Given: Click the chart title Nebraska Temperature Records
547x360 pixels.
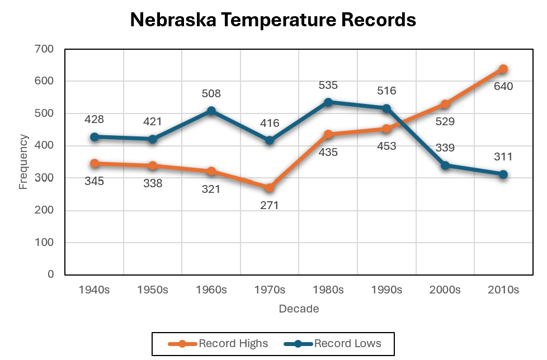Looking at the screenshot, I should (273, 20).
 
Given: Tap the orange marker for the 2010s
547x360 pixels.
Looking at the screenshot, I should (503, 69).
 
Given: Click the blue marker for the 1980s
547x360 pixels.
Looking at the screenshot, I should (328, 102).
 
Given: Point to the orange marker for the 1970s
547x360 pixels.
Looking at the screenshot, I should (270, 188).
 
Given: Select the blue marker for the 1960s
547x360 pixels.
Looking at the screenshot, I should (211, 111).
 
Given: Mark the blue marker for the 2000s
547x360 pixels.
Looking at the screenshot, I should (445, 165).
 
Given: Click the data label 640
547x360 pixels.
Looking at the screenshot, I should (503, 87).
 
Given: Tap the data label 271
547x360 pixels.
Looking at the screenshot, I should (269, 205).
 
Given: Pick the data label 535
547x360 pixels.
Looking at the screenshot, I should (328, 86).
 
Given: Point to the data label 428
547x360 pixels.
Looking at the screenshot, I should (95, 120).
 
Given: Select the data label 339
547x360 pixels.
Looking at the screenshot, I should (445, 148).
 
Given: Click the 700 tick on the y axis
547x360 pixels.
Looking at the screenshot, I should (44, 49).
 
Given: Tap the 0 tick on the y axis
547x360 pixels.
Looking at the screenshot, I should (50, 274).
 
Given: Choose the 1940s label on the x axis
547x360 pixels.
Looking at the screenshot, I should (95, 290).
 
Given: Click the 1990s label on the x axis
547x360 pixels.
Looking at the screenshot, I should (386, 290).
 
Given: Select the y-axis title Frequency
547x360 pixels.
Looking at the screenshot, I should (23, 162).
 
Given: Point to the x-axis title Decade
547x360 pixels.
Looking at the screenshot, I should (299, 309).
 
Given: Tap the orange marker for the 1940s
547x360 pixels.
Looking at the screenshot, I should (95, 164).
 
